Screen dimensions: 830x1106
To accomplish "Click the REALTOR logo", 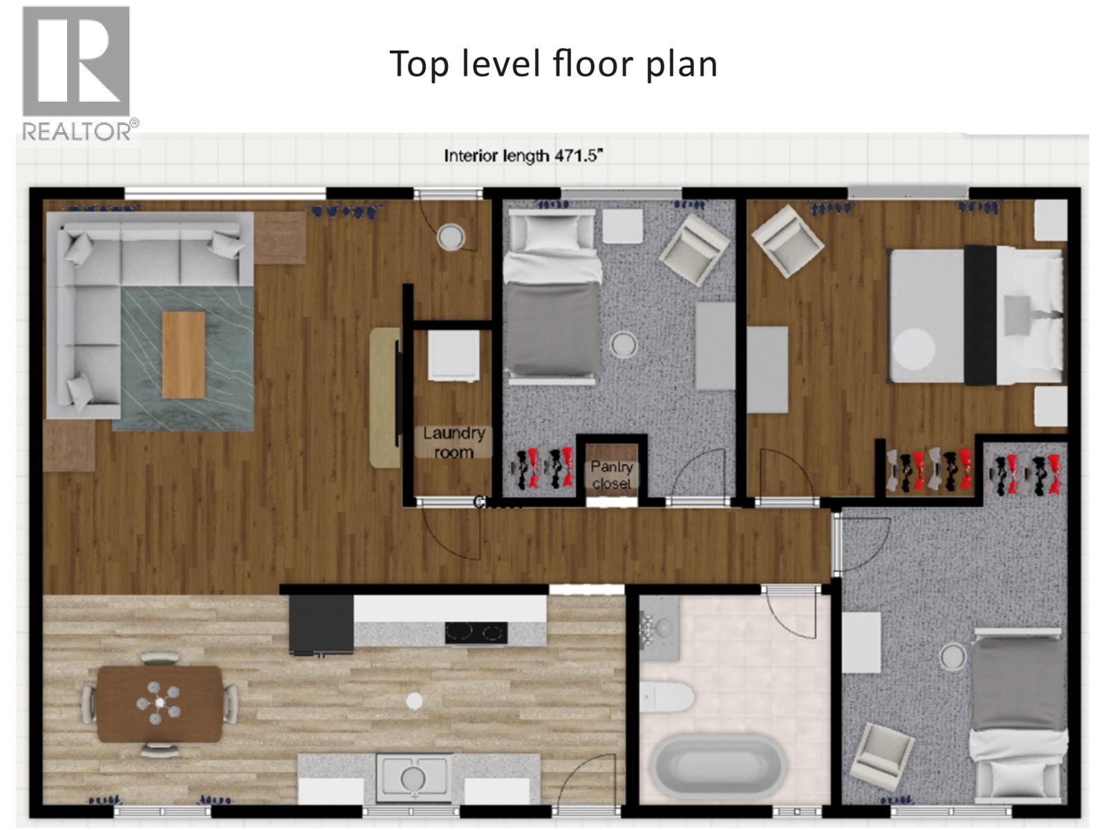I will click(76, 72).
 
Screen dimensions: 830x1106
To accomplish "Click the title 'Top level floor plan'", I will click(554, 64).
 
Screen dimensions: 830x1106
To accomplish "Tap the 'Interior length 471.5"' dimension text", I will click(524, 156).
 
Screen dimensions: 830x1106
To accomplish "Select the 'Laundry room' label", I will click(454, 443).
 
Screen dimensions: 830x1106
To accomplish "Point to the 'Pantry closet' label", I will click(611, 475).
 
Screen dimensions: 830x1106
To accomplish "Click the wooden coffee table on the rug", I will click(183, 354).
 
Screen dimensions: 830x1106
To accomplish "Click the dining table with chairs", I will click(160, 703).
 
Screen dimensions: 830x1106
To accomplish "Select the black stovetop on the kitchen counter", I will click(476, 632).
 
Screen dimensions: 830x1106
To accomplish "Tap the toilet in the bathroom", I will click(665, 697).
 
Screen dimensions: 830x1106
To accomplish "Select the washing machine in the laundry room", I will click(453, 356).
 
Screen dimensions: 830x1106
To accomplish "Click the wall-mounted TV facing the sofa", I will click(397, 393).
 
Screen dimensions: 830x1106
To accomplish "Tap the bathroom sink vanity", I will click(659, 628).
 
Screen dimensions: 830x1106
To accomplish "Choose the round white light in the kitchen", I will click(414, 701).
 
